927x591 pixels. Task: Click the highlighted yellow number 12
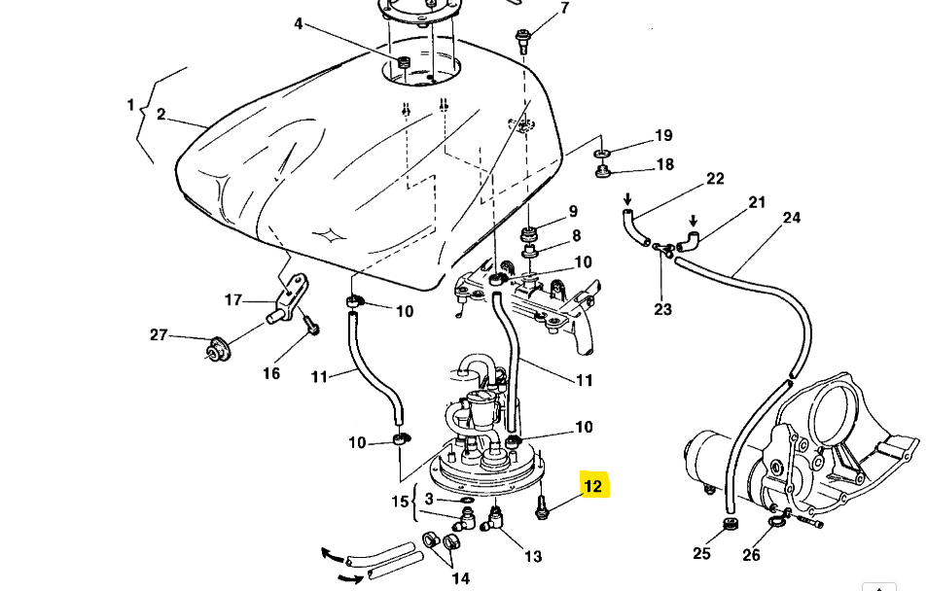(x=593, y=486)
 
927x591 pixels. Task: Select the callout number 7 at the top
(x=564, y=9)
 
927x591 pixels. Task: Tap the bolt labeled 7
(x=523, y=40)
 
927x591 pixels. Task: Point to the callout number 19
(x=663, y=136)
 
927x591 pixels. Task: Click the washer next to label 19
(x=602, y=154)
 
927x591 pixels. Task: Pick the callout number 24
(x=791, y=218)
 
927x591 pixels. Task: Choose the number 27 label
(x=159, y=334)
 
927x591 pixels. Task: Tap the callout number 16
(x=270, y=373)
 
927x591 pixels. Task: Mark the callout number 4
(x=299, y=23)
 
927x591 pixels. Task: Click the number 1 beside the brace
(x=130, y=104)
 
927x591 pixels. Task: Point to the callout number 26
(x=751, y=555)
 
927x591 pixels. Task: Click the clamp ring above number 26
(x=776, y=524)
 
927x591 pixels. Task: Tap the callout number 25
(x=701, y=554)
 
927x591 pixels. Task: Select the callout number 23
(x=662, y=309)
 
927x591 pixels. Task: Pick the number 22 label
(x=715, y=179)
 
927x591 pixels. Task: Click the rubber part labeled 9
(x=531, y=235)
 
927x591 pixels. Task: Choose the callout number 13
(x=533, y=556)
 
